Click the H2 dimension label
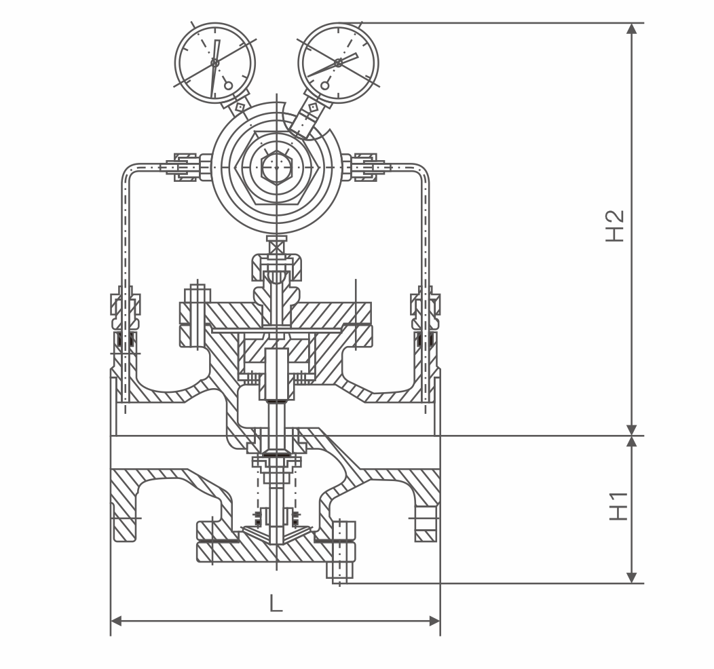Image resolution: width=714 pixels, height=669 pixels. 615,226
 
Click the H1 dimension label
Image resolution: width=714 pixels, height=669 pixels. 619,506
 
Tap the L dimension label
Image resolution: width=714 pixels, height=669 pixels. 276,603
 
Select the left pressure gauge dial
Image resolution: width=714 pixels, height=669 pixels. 215,62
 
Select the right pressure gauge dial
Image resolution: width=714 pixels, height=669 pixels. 338,62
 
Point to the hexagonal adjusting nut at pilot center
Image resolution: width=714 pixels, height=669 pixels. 276,168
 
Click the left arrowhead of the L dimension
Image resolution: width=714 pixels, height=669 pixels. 116,621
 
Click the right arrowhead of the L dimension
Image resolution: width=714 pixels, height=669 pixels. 435,621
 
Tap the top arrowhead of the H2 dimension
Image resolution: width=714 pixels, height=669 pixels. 632,28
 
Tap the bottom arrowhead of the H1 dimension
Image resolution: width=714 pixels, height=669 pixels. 632,577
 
